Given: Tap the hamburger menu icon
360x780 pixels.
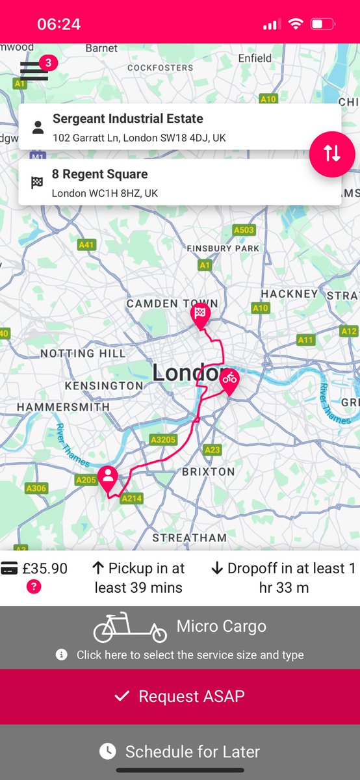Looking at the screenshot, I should point(34,70).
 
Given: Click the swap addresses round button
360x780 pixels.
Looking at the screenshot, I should point(332,153).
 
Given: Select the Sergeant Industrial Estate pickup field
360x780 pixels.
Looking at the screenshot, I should point(179,127).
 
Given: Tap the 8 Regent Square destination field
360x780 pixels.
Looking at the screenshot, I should point(179,183).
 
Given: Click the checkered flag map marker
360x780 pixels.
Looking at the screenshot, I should point(200,314).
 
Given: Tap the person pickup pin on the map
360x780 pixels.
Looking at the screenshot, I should point(108,478).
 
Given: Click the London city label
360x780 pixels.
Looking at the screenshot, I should point(187,373).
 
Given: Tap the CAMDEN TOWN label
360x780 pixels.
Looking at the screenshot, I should point(172,304).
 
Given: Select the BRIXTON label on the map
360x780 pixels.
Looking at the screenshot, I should point(209,471).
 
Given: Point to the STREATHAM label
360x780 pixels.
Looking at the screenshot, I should point(190,538).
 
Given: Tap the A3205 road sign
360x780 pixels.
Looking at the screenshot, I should point(163,440).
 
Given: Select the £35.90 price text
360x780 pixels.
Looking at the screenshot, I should point(45,569).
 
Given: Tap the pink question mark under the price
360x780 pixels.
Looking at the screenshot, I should point(34,587).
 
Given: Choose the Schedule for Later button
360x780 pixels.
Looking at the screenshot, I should point(180,752).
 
